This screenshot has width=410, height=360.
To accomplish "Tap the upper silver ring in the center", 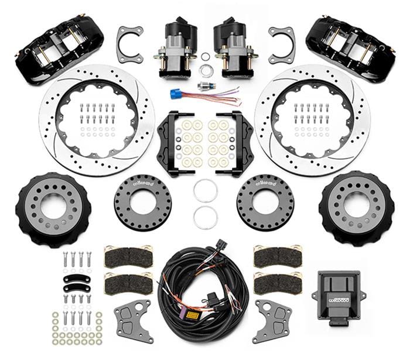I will point(205,191).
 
